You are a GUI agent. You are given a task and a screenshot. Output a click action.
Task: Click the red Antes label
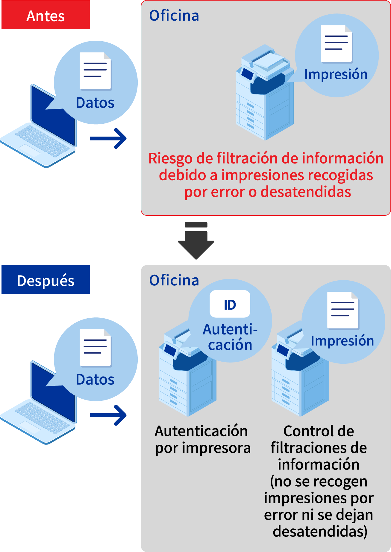46,15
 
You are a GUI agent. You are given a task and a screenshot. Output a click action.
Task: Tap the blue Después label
46,280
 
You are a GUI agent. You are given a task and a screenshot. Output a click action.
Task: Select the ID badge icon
230,304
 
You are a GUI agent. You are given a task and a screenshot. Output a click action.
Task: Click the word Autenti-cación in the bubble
230,337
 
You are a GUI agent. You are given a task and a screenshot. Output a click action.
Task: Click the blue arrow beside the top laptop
109,138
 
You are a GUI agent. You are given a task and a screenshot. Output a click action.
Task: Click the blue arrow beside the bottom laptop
109,415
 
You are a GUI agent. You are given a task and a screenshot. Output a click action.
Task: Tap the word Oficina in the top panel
174,16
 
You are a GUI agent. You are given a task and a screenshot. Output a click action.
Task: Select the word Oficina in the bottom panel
174,280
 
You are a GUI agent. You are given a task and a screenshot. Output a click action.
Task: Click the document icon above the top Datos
95,71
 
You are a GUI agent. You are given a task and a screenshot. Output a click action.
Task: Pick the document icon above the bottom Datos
95,348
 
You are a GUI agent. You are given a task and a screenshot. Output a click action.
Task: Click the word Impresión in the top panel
336,74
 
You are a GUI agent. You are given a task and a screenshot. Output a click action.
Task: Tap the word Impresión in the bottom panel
342,341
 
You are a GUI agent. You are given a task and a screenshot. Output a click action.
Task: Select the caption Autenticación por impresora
203,439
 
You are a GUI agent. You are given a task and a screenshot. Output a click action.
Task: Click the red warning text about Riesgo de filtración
266,175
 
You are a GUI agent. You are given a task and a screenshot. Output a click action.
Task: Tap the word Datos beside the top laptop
95,103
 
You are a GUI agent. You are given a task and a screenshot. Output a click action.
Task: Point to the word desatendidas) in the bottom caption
320,531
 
